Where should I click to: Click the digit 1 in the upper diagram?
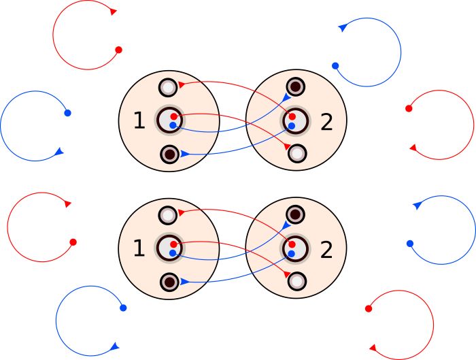point(139,121)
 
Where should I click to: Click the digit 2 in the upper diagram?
point(327,122)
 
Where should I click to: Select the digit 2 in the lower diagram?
point(327,250)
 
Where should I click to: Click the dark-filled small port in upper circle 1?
point(169,154)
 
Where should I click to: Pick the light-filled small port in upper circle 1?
point(169,87)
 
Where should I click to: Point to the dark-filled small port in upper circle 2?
point(296,86)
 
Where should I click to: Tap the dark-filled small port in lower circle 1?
point(169,282)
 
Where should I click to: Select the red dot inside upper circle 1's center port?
point(174,116)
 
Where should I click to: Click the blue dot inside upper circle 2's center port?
point(291,126)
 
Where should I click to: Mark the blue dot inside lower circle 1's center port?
point(173,253)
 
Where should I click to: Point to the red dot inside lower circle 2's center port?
point(292,244)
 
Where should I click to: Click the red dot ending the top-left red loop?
point(118,50)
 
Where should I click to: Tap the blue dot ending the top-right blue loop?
point(335,65)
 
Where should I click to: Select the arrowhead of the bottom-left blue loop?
point(113,345)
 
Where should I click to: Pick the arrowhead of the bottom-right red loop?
point(373,347)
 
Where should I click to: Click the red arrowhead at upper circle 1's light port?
point(182,84)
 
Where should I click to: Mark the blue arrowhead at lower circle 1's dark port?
point(184,282)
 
